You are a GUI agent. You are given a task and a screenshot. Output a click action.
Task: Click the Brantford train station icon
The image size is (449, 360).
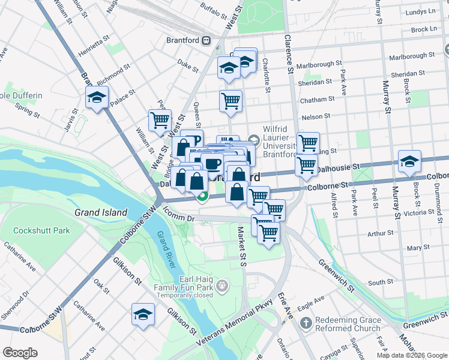206,41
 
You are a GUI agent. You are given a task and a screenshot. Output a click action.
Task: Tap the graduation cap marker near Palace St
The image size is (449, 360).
96,98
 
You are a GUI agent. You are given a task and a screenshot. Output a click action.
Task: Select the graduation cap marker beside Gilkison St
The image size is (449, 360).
143,314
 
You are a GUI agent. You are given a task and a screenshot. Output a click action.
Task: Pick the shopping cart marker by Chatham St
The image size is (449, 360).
231,101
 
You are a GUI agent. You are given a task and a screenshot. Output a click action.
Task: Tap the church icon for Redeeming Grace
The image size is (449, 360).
306,323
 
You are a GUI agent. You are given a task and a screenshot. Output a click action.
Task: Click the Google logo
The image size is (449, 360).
20,352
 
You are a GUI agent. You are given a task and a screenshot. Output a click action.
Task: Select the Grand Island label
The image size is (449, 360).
101,212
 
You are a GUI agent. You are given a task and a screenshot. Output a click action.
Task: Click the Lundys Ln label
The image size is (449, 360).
420,11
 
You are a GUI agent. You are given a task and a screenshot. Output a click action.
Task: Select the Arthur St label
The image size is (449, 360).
380,232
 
